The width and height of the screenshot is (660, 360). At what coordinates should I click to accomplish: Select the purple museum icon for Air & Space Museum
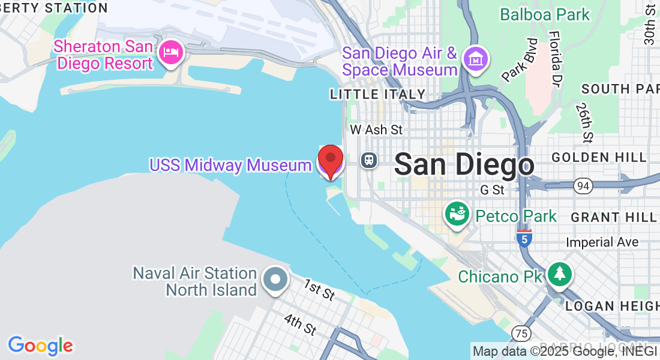(x=476, y=59)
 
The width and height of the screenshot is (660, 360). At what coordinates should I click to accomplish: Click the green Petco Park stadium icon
(x=457, y=214)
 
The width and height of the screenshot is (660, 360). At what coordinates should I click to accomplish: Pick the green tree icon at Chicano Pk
(x=559, y=274)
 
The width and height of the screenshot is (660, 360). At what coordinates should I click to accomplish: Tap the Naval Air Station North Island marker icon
(x=275, y=280)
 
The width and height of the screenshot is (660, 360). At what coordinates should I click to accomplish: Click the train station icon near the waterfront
(x=369, y=160)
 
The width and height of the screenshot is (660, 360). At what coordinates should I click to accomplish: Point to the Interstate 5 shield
(x=524, y=238)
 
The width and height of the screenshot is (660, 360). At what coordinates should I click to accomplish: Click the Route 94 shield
(x=581, y=186)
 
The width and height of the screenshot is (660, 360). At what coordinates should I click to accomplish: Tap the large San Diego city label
(x=464, y=164)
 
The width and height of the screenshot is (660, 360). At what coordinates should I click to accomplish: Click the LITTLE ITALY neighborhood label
(x=377, y=94)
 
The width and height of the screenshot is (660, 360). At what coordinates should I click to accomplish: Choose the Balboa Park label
(x=545, y=14)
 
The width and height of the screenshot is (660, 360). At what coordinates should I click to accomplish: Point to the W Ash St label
(x=376, y=130)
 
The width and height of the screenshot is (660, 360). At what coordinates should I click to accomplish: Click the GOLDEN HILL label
(x=599, y=157)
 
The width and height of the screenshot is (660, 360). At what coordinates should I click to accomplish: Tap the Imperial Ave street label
(x=603, y=242)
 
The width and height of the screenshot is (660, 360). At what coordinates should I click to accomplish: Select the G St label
(x=492, y=190)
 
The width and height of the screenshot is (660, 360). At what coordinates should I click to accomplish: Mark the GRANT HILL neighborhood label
(x=614, y=217)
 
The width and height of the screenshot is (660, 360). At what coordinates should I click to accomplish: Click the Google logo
(x=41, y=346)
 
